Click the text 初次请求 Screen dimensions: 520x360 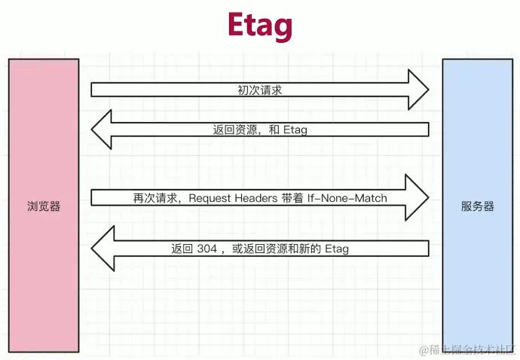[x=260, y=90]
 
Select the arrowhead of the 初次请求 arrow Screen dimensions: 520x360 [x=418, y=90]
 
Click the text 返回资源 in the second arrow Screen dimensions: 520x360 [x=235, y=130]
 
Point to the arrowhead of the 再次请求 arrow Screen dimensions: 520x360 [x=418, y=198]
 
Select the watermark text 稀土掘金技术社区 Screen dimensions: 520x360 [x=466, y=349]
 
